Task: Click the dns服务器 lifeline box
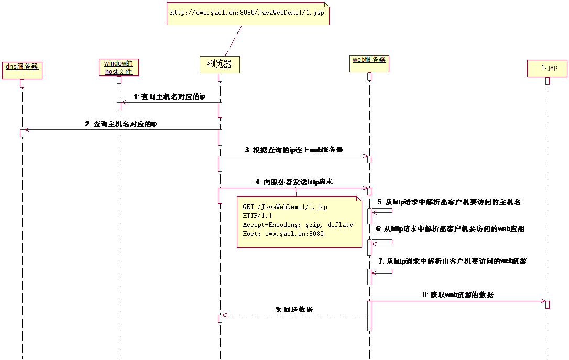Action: pyautogui.click(x=22, y=70)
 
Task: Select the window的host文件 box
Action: pyautogui.click(x=118, y=68)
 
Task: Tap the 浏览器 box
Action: pyautogui.click(x=220, y=64)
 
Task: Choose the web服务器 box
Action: pyautogui.click(x=369, y=63)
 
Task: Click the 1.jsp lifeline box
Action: pyautogui.click(x=547, y=68)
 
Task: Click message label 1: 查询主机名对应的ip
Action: pyautogui.click(x=169, y=96)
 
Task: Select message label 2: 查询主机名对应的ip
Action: pyautogui.click(x=121, y=124)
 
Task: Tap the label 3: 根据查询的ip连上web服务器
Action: pyautogui.click(x=294, y=150)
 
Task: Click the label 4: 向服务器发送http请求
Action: pyautogui.click(x=294, y=182)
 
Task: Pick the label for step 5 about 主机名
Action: pyautogui.click(x=449, y=202)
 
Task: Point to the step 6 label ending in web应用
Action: pyautogui.click(x=450, y=228)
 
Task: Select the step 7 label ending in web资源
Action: pyautogui.click(x=453, y=261)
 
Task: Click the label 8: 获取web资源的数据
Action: pyautogui.click(x=458, y=294)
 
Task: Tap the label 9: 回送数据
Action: pyautogui.click(x=294, y=309)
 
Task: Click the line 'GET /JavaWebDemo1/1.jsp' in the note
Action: pyautogui.click(x=285, y=207)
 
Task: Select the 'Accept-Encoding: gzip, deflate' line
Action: pyautogui.click(x=298, y=225)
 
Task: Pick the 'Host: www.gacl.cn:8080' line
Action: pyautogui.click(x=283, y=234)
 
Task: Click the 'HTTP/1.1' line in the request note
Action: pyautogui.click(x=257, y=215)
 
